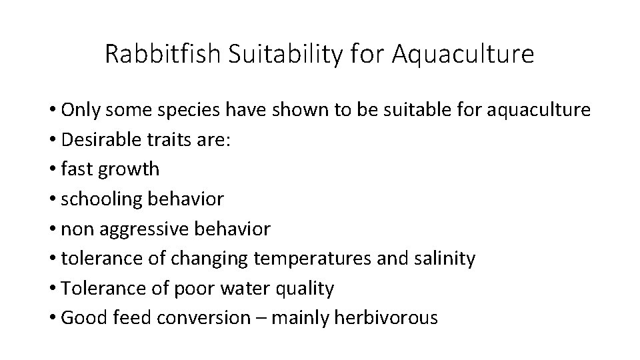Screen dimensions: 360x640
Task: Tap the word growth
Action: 129,169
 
